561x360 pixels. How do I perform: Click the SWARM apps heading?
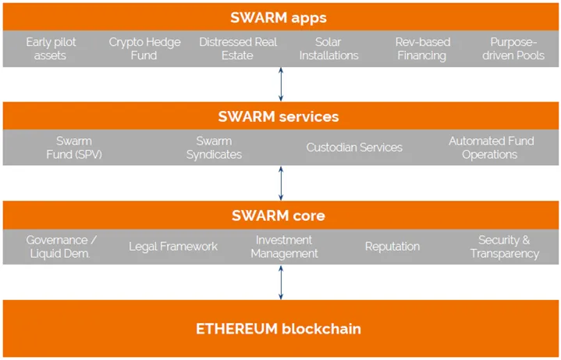[279, 17]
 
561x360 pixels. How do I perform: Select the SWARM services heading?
[279, 116]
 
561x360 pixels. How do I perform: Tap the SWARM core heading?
[279, 216]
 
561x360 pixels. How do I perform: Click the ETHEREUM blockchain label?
[279, 329]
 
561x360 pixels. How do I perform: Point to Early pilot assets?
[51, 48]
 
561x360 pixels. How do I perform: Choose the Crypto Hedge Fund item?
[144, 48]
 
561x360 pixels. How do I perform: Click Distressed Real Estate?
[238, 48]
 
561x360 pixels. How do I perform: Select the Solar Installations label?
[328, 48]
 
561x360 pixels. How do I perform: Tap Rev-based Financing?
[423, 48]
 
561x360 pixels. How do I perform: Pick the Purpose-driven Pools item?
[513, 48]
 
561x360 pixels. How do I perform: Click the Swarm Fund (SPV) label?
[74, 148]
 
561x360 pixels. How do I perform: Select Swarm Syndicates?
[214, 148]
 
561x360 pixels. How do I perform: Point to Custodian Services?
[354, 148]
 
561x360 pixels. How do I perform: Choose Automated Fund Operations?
[492, 148]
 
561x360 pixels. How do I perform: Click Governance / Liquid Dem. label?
[61, 247]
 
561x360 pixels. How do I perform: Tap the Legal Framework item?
[173, 247]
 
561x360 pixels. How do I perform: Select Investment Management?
[284, 247]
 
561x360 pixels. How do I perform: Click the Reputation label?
[392, 247]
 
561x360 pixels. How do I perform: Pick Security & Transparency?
[505, 247]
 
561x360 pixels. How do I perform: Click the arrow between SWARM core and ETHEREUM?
[281, 282]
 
